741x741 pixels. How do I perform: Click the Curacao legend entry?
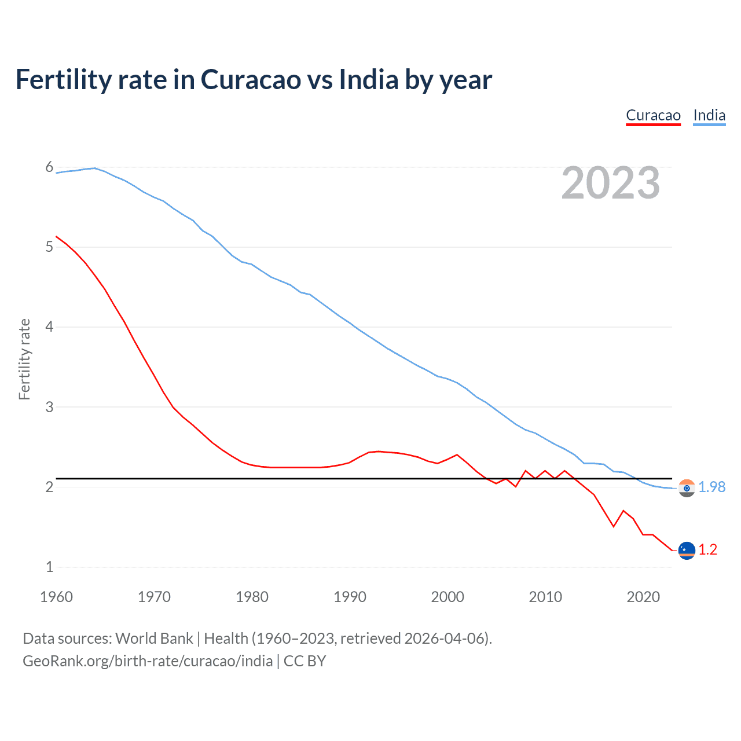click(x=653, y=115)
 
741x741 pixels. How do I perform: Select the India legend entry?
click(x=709, y=115)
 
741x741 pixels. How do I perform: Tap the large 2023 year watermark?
click(x=610, y=183)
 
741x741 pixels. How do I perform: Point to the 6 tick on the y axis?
click(x=49, y=167)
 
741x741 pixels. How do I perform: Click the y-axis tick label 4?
click(x=49, y=327)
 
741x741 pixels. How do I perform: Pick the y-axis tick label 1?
click(x=49, y=567)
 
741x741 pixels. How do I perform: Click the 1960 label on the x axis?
click(x=56, y=597)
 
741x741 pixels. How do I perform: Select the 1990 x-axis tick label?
click(x=350, y=597)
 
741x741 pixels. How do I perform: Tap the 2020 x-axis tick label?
click(x=643, y=597)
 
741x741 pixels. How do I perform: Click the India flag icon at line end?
click(x=687, y=488)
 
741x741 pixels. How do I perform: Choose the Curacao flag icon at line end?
click(x=687, y=550)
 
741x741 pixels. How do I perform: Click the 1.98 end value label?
click(x=711, y=487)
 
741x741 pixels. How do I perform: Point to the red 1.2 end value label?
click(x=707, y=549)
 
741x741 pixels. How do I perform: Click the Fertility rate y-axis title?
click(x=24, y=359)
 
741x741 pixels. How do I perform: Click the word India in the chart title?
click(x=368, y=80)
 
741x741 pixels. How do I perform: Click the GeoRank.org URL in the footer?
click(x=148, y=661)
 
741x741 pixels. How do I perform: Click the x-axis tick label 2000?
click(x=447, y=597)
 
